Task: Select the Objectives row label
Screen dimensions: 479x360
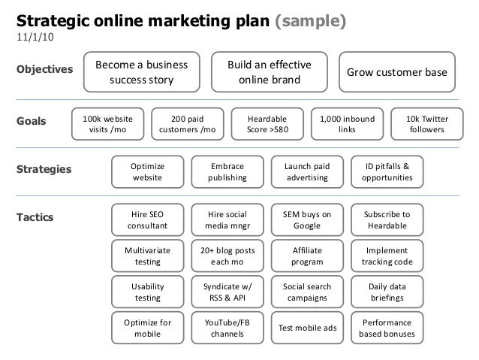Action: (44, 70)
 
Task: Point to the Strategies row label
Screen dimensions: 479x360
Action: (44, 170)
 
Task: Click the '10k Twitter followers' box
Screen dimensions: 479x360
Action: (426, 123)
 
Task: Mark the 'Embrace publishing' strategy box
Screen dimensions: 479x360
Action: (227, 171)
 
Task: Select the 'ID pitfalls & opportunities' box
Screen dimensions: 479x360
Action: (387, 171)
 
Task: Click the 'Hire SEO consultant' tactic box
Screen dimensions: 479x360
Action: (146, 219)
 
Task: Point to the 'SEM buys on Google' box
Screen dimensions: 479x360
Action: (306, 219)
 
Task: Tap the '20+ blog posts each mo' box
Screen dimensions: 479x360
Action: (227, 256)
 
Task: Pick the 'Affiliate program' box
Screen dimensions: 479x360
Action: (306, 256)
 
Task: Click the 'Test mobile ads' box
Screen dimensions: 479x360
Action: (306, 328)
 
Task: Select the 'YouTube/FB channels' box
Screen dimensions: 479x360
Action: (227, 328)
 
